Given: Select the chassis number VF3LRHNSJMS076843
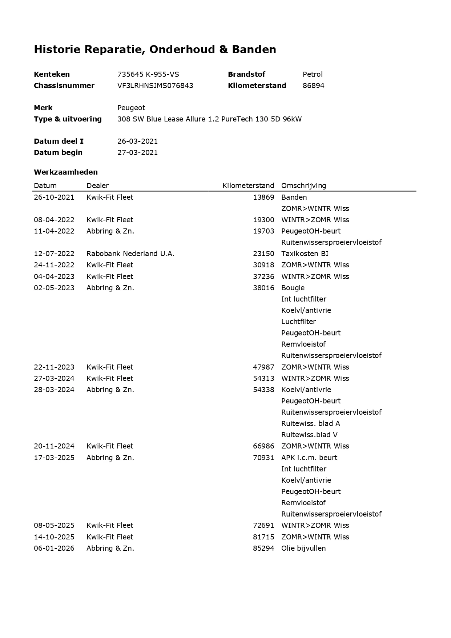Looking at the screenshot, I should [155, 85].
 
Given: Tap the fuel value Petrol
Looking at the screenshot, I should [313, 74].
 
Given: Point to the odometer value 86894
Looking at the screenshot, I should [313, 85].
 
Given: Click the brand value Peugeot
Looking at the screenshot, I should [131, 108].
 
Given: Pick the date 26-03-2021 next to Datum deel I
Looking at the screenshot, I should [137, 141].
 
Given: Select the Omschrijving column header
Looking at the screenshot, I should [303, 186].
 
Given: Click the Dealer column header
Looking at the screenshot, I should [97, 186].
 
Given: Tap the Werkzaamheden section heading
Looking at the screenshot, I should [66, 172].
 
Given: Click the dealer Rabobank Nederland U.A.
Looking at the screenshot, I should [130, 254].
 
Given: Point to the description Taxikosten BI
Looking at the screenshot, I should [305, 254].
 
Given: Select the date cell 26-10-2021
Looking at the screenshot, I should [54, 197].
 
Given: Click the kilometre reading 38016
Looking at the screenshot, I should [263, 288].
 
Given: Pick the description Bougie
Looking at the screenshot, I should [293, 288].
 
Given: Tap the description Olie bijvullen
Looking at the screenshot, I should [303, 548].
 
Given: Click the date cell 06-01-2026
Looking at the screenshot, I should [54, 548].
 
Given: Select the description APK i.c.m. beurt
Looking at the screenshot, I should [309, 458].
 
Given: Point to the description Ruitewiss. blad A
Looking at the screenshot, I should [310, 423].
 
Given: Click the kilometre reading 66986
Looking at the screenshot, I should [263, 446].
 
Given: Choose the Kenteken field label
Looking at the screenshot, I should [52, 74].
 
